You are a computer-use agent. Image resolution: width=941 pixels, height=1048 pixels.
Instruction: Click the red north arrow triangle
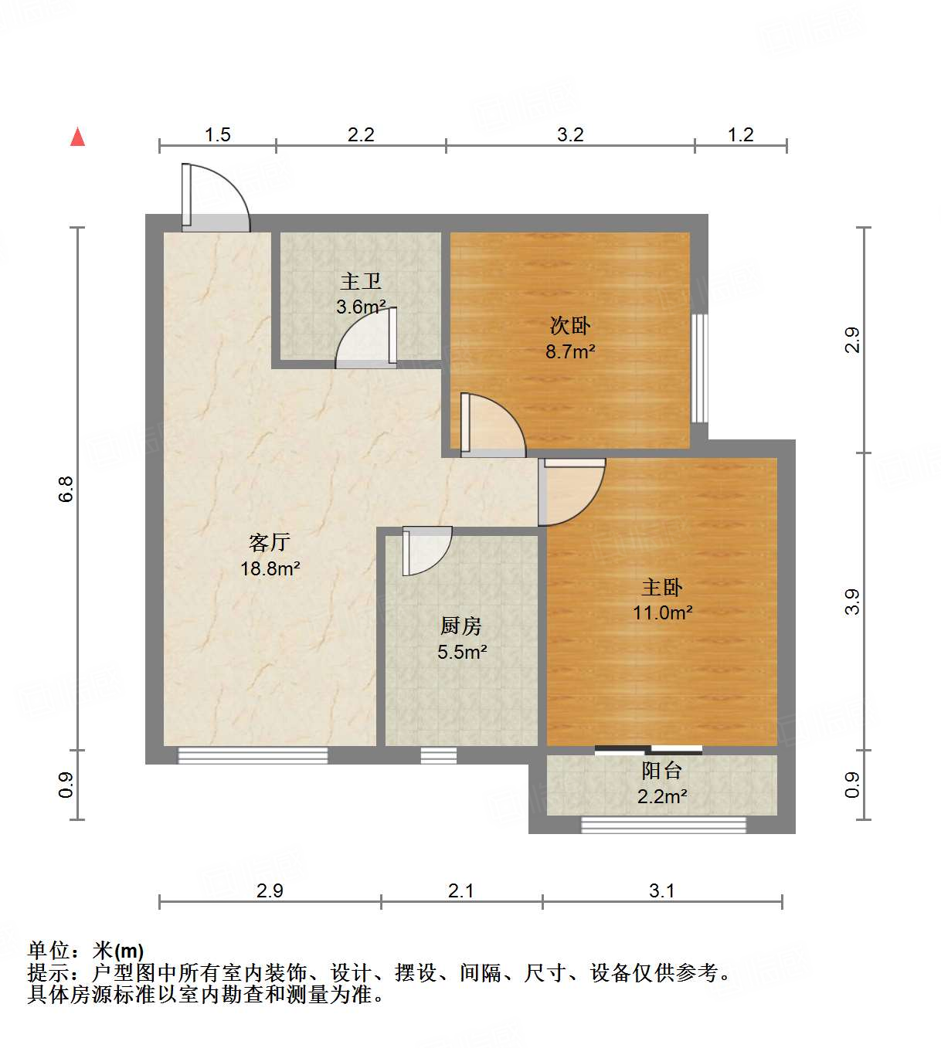[x=77, y=137]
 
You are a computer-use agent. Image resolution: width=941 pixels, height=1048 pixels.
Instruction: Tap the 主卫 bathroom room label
[x=361, y=282]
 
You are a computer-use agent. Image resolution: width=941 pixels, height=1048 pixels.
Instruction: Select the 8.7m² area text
[x=570, y=352]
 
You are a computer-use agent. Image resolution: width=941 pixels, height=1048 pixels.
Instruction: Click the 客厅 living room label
[x=270, y=542]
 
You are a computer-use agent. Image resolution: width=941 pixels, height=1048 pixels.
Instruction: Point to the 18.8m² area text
[x=270, y=569]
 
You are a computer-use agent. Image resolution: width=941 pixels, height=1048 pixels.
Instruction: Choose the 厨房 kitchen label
[x=461, y=626]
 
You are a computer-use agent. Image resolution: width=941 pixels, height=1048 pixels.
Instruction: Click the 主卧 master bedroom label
[x=662, y=587]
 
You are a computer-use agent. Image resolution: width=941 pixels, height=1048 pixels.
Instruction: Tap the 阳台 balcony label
[x=662, y=770]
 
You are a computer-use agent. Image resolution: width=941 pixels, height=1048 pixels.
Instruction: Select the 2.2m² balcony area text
[x=662, y=796]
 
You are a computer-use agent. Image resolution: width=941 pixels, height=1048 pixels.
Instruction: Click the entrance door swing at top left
[x=216, y=198]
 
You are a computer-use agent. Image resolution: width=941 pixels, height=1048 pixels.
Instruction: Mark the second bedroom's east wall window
[x=699, y=368]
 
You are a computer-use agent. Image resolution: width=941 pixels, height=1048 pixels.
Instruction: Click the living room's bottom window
[x=253, y=755]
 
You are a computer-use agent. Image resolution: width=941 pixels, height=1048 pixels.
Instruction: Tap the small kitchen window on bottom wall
[x=438, y=755]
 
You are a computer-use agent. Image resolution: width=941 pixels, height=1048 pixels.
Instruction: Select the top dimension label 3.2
[x=570, y=135]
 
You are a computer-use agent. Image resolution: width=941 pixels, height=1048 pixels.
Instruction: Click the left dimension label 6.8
[x=66, y=489]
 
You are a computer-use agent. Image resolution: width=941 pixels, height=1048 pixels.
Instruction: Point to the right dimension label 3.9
[x=851, y=602]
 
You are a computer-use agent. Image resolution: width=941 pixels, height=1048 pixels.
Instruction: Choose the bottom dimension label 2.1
[x=461, y=891]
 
